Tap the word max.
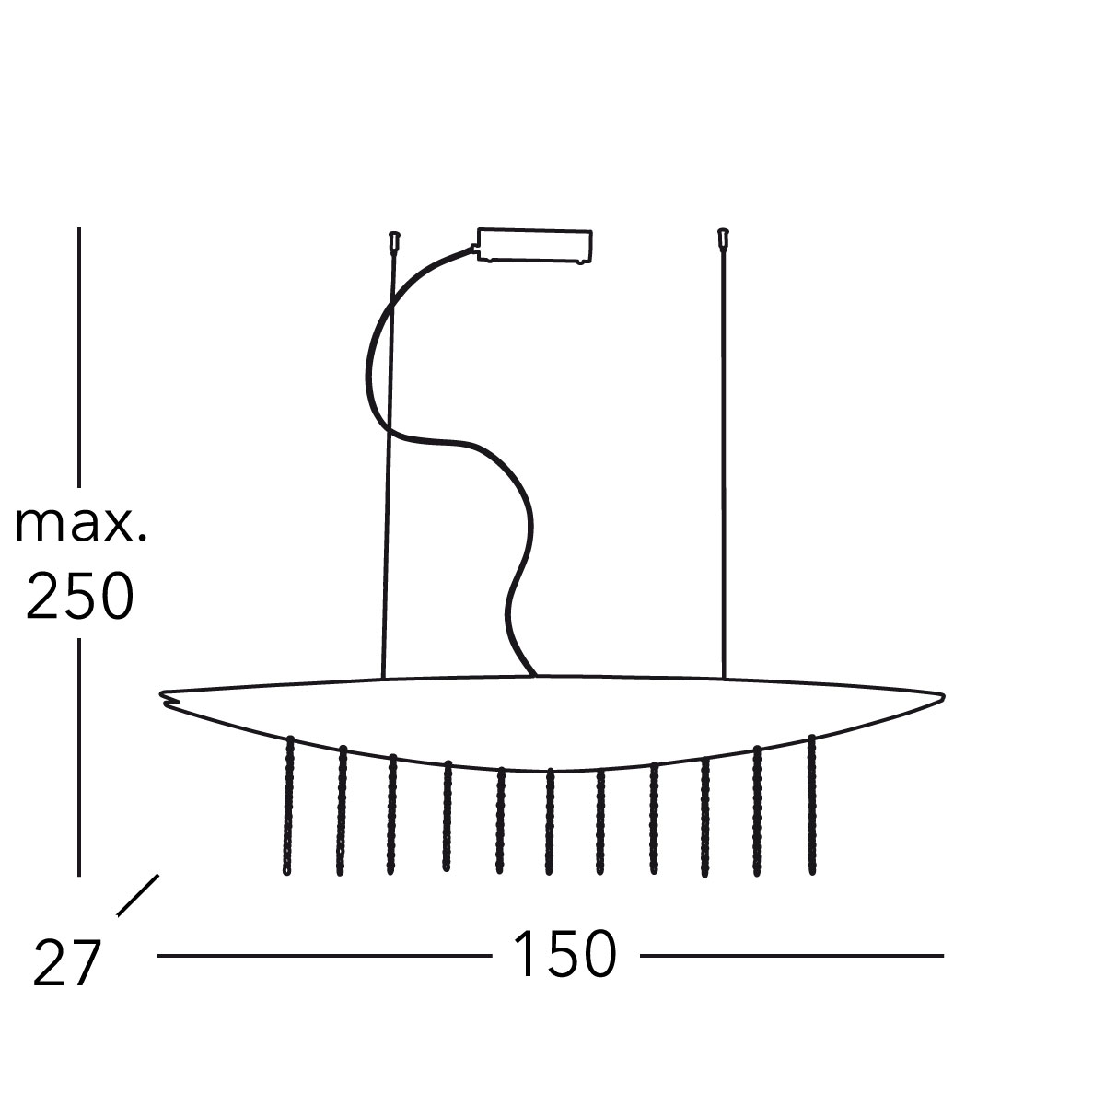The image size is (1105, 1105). [81, 525]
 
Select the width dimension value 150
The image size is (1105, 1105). [565, 955]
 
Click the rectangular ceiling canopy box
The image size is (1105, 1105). [535, 247]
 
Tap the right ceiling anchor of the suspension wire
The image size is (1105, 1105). [723, 238]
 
